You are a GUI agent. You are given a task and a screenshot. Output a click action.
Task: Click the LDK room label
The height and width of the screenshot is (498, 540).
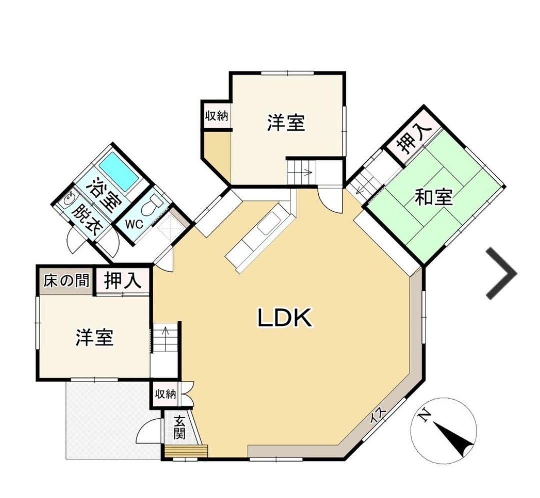[x=285, y=317]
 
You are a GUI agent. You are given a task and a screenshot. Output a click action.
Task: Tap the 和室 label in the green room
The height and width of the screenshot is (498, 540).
[x=433, y=197]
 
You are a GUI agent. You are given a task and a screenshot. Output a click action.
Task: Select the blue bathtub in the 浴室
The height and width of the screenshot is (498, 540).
[x=119, y=170]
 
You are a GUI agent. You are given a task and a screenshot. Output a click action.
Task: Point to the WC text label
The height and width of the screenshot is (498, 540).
[x=134, y=224]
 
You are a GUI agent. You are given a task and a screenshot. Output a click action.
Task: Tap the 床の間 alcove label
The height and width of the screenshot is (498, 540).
[x=66, y=281]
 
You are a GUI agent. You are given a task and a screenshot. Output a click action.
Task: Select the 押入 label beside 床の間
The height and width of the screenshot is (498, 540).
[x=123, y=280]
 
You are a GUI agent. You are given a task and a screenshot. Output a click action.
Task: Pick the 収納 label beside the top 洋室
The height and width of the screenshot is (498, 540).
[x=217, y=116]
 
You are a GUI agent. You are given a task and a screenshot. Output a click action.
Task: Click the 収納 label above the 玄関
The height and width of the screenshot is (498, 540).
[x=165, y=394]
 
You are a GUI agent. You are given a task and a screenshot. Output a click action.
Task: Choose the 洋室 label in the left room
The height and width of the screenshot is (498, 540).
[x=95, y=337]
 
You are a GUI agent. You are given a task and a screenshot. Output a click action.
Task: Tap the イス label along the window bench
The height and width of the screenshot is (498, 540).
[x=379, y=416]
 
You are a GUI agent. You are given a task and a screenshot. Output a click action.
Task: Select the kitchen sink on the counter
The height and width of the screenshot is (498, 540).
[x=269, y=223]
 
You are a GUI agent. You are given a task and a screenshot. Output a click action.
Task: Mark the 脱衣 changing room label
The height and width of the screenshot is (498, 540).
[x=85, y=220]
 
